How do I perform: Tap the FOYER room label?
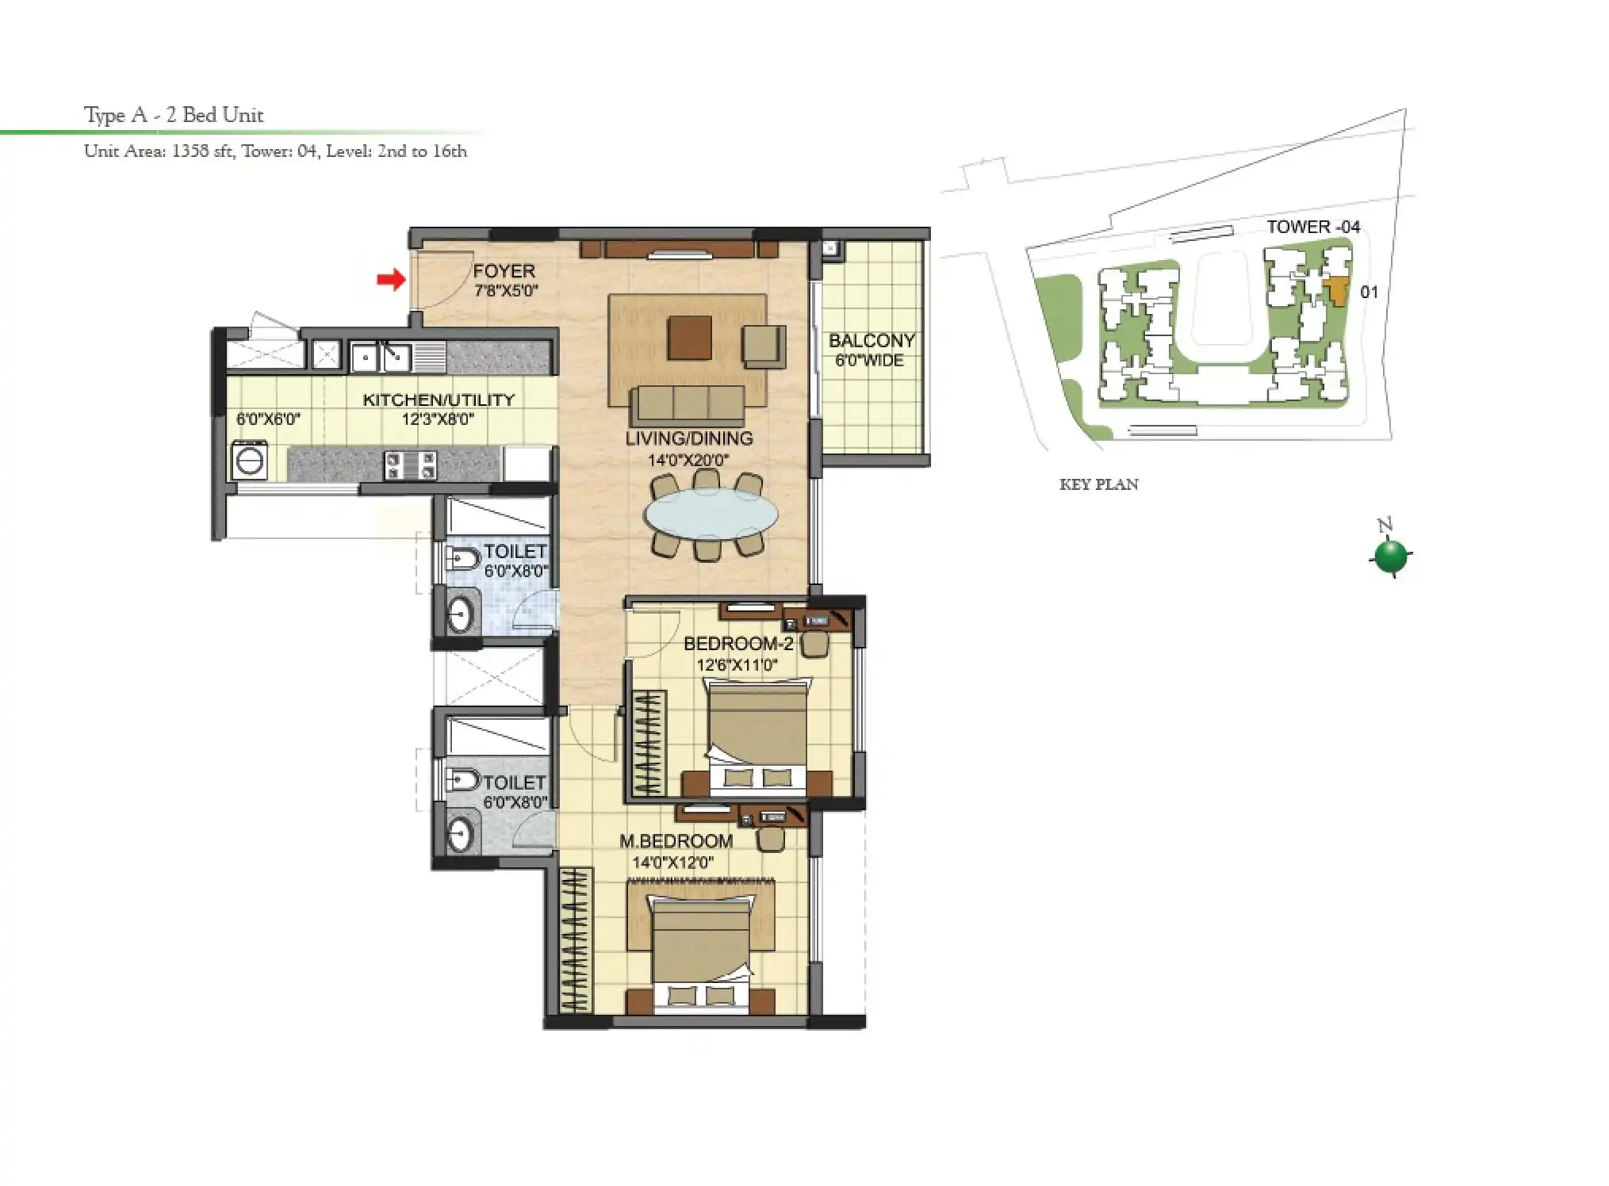point(504,271)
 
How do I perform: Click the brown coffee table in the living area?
point(688,338)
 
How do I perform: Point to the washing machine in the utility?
point(250,461)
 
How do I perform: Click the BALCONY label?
point(871,341)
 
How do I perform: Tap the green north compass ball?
point(1390,556)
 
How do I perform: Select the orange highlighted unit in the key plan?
point(1338,290)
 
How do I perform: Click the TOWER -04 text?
point(1312,227)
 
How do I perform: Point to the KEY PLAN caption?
point(1098,484)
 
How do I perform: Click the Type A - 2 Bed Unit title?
point(174,115)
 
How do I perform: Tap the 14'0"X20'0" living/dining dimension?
point(688,459)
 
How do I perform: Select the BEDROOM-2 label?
point(737,644)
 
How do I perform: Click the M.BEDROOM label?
point(676,841)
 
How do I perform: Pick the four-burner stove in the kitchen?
point(410,465)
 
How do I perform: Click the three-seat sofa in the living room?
point(688,404)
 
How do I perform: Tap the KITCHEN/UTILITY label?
point(439,400)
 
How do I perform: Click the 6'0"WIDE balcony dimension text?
point(869,361)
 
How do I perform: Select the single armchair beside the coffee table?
point(764,346)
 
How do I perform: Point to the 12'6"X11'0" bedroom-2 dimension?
point(737,664)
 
